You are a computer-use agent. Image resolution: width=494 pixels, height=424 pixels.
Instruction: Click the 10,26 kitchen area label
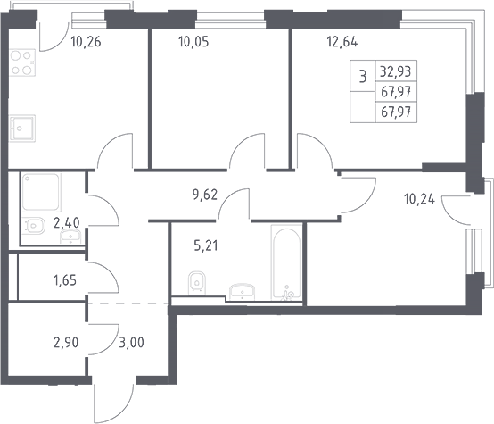pyautogui.click(x=86, y=42)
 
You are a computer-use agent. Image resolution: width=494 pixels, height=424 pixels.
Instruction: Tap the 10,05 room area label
pyautogui.click(x=193, y=42)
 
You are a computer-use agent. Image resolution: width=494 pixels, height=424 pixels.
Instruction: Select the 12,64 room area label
pyautogui.click(x=342, y=42)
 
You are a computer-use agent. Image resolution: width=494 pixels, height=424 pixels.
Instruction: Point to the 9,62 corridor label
pyautogui.click(x=205, y=195)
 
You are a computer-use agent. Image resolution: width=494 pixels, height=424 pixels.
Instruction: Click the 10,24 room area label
pyautogui.click(x=419, y=199)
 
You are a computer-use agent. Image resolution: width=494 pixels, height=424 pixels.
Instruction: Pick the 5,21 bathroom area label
pyautogui.click(x=206, y=245)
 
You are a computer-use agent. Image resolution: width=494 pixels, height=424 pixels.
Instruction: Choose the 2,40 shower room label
pyautogui.click(x=67, y=223)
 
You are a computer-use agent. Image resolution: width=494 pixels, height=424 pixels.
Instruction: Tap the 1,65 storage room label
pyautogui.click(x=65, y=280)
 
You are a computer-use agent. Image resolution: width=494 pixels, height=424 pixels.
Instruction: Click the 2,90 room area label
pyautogui.click(x=66, y=342)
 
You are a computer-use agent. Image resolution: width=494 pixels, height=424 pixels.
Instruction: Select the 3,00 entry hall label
pyautogui.click(x=131, y=342)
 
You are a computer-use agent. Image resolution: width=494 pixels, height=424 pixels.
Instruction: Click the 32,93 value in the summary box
pyautogui.click(x=396, y=72)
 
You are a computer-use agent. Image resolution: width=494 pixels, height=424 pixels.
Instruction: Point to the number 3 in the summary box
pyautogui.click(x=363, y=77)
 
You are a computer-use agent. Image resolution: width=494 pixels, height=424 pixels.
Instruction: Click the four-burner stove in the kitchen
pyautogui.click(x=22, y=62)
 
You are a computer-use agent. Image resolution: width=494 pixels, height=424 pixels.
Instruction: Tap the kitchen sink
pyautogui.click(x=22, y=129)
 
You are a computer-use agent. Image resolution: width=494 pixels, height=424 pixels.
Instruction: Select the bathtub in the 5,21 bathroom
pyautogui.click(x=286, y=262)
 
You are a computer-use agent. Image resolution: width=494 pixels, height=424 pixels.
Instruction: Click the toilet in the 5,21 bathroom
pyautogui.click(x=197, y=282)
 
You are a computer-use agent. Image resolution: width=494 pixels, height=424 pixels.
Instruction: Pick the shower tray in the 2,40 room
pyautogui.click(x=41, y=192)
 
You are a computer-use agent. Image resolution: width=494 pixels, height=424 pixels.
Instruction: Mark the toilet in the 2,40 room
pyautogui.click(x=34, y=226)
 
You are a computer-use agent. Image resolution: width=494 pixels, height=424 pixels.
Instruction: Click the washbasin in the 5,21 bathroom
pyautogui.click(x=242, y=292)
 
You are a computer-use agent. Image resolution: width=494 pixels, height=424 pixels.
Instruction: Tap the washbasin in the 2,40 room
pyautogui.click(x=70, y=237)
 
